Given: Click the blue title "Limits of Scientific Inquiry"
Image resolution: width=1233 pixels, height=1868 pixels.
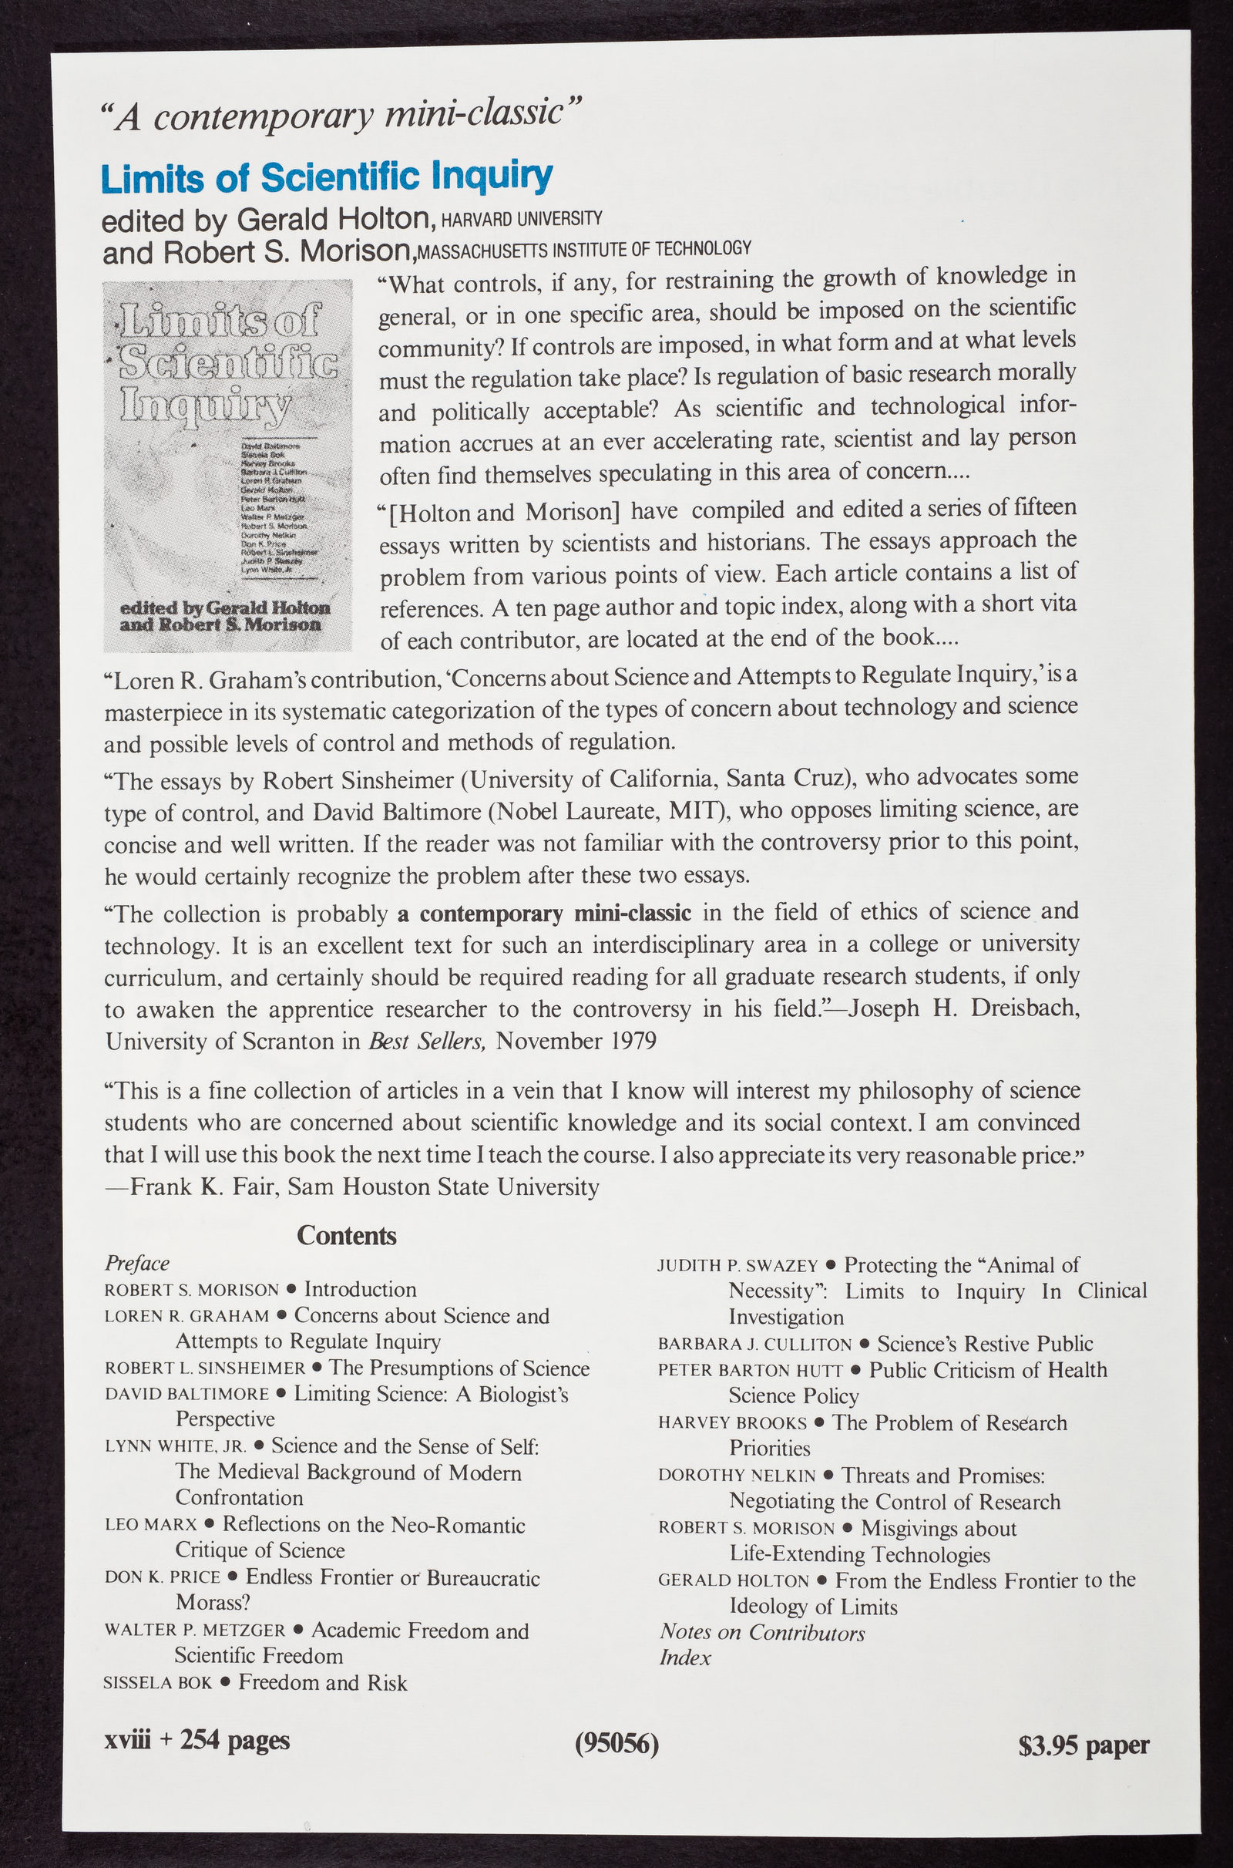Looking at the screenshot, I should (327, 178).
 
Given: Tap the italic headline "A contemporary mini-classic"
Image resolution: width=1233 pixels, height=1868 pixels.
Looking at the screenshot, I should (341, 116).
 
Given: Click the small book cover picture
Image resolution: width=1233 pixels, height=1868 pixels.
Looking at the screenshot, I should (228, 466).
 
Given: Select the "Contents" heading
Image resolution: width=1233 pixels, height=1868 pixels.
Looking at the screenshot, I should (346, 1236).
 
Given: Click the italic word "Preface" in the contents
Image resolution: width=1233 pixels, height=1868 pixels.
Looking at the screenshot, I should (137, 1263).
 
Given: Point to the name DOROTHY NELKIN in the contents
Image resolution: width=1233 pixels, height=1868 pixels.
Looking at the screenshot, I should (737, 1476).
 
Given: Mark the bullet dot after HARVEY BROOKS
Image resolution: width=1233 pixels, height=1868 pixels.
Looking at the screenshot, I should (818, 1424).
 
